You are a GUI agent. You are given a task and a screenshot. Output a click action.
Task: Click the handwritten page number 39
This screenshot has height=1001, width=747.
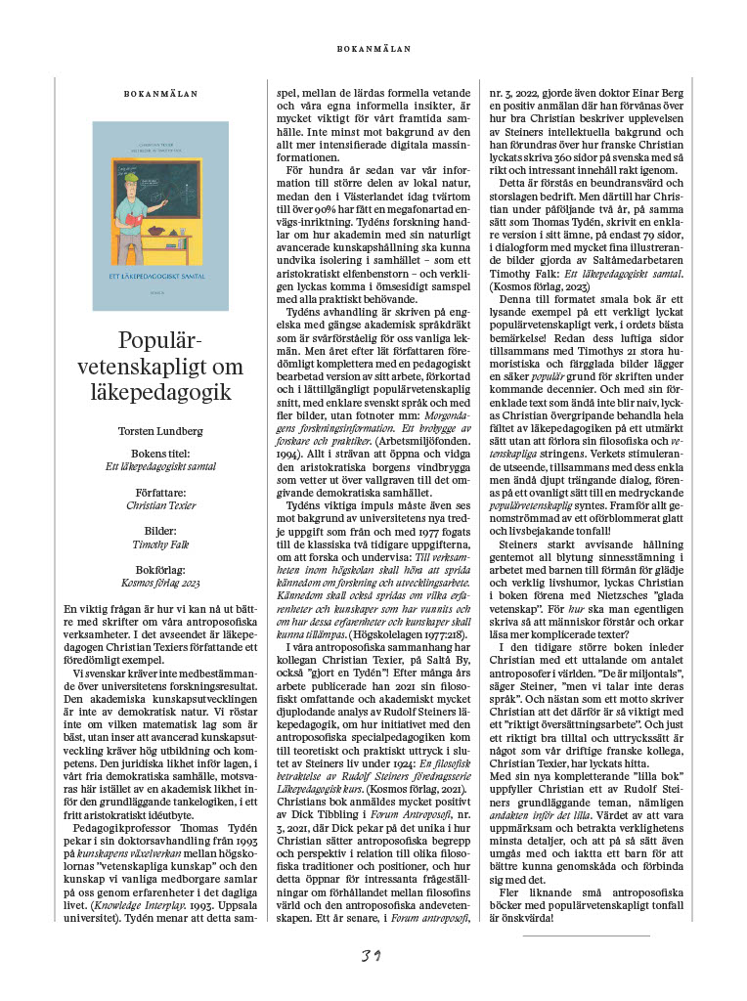click(x=372, y=954)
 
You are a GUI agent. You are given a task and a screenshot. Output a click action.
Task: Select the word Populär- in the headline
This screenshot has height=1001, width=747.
click(x=160, y=343)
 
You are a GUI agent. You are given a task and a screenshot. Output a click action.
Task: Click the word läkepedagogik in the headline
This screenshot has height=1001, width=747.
click(x=160, y=392)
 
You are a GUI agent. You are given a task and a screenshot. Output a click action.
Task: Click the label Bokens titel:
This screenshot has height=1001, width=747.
click(x=160, y=455)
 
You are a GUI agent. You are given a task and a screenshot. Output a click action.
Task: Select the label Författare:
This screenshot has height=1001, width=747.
click(x=160, y=493)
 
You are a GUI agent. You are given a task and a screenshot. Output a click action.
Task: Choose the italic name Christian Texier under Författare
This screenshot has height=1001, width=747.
click(x=160, y=505)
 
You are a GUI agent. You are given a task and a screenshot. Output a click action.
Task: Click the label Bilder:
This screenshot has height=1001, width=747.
click(x=160, y=531)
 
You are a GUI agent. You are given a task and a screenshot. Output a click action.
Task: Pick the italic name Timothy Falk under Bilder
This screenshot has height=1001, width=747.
click(x=160, y=544)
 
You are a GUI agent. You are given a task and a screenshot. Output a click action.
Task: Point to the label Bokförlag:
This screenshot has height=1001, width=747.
click(x=160, y=569)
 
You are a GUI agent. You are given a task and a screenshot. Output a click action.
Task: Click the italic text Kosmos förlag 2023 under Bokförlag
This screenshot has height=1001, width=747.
click(x=160, y=582)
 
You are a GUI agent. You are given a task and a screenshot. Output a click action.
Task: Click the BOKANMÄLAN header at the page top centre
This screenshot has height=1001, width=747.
click(x=373, y=48)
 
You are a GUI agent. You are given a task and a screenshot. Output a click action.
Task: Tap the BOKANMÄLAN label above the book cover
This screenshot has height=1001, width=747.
click(x=160, y=95)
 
